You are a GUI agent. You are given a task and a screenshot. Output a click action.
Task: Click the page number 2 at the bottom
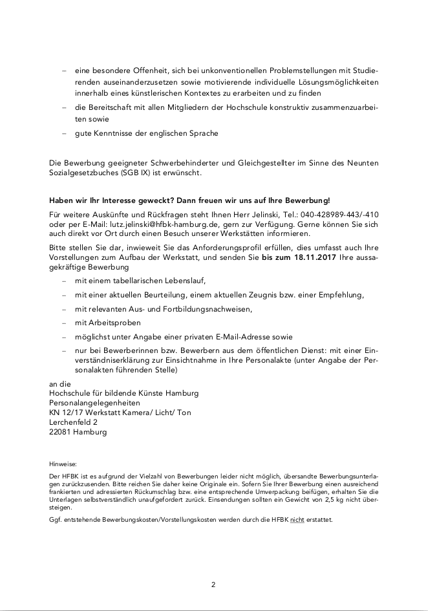(x=213, y=584)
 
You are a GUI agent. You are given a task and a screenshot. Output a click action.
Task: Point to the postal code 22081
(x=61, y=432)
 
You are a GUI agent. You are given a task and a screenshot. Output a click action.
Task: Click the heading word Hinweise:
(x=63, y=464)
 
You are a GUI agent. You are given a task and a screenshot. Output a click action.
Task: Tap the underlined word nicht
(x=297, y=519)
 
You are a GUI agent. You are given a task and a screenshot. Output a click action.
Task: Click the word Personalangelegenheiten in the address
(x=95, y=402)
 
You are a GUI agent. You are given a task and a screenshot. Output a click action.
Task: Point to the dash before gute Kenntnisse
(x=64, y=133)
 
